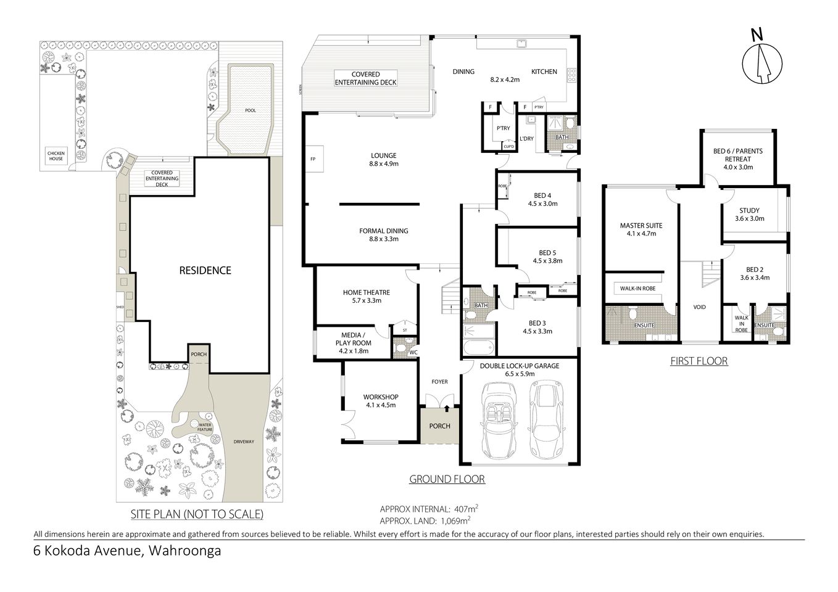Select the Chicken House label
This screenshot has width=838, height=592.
tap(56, 155)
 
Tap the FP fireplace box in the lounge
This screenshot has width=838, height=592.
tap(312, 158)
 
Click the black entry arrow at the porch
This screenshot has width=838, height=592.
tap(447, 408)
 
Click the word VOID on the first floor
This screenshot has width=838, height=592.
tap(699, 307)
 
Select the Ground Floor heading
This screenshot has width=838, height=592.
tap(447, 479)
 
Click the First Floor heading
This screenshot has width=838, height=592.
tap(699, 361)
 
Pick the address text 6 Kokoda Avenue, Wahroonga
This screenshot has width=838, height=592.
tap(127, 551)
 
